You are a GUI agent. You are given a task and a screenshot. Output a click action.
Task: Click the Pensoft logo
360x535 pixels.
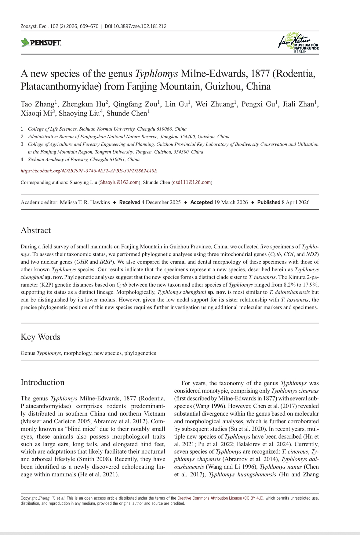point(41,43)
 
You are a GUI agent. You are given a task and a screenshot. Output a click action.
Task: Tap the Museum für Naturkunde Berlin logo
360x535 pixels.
point(299,43)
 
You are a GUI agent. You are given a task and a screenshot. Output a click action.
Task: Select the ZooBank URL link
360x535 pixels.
point(89,171)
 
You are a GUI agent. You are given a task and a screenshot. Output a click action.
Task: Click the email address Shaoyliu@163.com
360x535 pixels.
point(119,183)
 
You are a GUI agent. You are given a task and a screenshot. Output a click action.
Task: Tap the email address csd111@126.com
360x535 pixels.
point(192,183)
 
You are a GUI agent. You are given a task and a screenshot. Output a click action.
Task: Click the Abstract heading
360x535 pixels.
point(36,230)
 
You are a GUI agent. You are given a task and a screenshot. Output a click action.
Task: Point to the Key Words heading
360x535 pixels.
point(41,337)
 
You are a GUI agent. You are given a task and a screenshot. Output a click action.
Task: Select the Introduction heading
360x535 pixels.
point(43,382)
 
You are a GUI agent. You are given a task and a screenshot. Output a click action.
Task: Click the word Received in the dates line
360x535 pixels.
point(129,202)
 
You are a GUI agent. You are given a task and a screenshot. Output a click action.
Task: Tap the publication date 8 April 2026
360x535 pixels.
point(295,202)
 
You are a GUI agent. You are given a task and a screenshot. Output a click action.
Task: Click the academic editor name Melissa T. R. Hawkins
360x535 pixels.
point(85,202)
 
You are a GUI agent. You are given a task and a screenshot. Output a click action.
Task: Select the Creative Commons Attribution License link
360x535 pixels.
point(220,498)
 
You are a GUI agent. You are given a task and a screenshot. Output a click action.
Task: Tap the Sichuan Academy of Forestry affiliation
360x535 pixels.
point(84,160)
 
